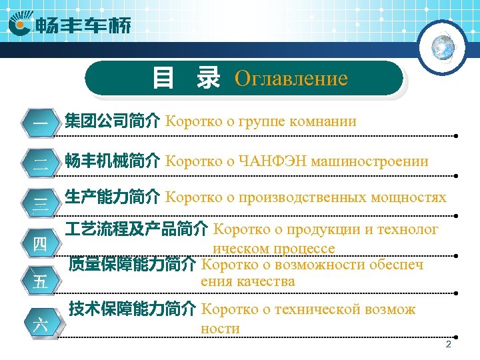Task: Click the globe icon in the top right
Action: (x=443, y=46)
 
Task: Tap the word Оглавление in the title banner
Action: (x=291, y=79)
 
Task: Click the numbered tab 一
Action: (x=41, y=124)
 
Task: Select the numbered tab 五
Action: (x=41, y=282)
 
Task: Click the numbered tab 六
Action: (x=41, y=325)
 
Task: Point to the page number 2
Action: (x=448, y=345)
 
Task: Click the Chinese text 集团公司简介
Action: (x=112, y=121)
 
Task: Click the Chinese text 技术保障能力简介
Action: (x=132, y=309)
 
